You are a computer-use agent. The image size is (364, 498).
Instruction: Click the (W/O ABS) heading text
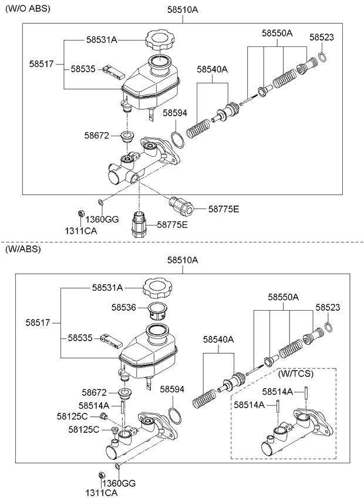28,9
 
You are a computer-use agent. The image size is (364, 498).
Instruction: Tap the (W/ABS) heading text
23,250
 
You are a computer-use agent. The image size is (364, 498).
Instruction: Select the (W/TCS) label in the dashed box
296,374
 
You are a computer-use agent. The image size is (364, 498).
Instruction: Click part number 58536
123,308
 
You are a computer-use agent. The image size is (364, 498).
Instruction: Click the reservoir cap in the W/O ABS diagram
160,39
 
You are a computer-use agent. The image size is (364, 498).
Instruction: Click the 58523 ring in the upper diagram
322,57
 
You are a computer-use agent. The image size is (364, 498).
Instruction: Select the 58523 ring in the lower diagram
329,327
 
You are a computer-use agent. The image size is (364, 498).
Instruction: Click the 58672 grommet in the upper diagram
127,137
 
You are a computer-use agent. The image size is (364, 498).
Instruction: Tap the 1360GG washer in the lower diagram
117,466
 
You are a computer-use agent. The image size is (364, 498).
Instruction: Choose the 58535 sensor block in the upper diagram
114,72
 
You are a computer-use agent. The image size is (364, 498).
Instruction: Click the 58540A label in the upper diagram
212,69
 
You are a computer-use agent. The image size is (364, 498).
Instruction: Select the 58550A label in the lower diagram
284,297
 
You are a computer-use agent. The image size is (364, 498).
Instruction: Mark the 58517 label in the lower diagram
38,322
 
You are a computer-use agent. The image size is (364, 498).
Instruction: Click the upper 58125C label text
72,416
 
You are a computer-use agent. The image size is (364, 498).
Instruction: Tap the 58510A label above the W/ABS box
183,260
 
